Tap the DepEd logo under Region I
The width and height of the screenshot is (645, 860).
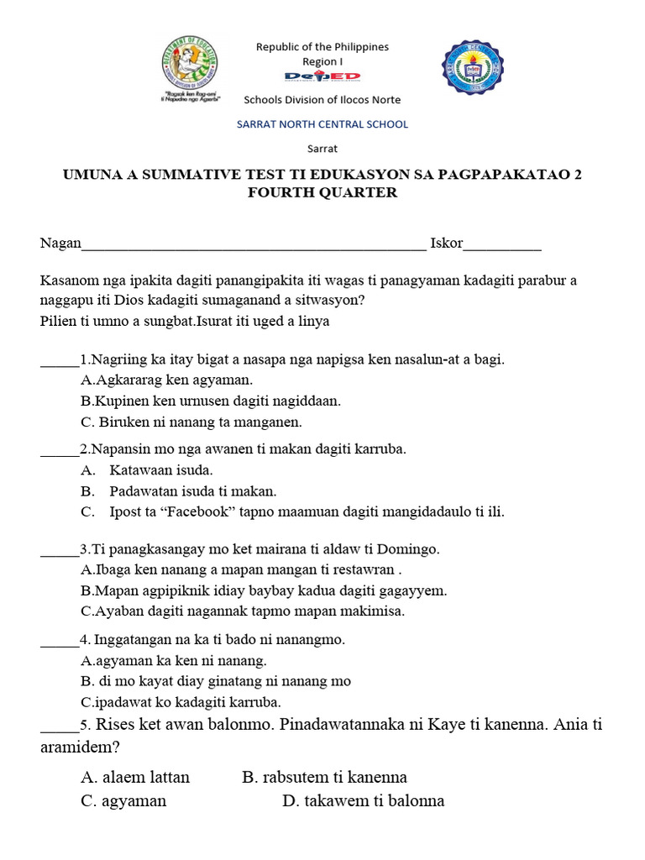tap(322, 77)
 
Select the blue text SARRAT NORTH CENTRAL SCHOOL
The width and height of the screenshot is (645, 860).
tap(322, 124)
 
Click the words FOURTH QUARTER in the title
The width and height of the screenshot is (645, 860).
tap(322, 193)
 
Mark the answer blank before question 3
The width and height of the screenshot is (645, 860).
tap(59, 551)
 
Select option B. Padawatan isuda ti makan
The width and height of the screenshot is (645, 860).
tap(191, 491)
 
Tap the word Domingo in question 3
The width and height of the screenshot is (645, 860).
tap(412, 549)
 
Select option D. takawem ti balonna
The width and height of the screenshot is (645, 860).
tap(363, 800)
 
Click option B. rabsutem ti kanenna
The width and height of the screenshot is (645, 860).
tap(324, 777)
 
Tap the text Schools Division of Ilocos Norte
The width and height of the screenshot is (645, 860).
tap(322, 100)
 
